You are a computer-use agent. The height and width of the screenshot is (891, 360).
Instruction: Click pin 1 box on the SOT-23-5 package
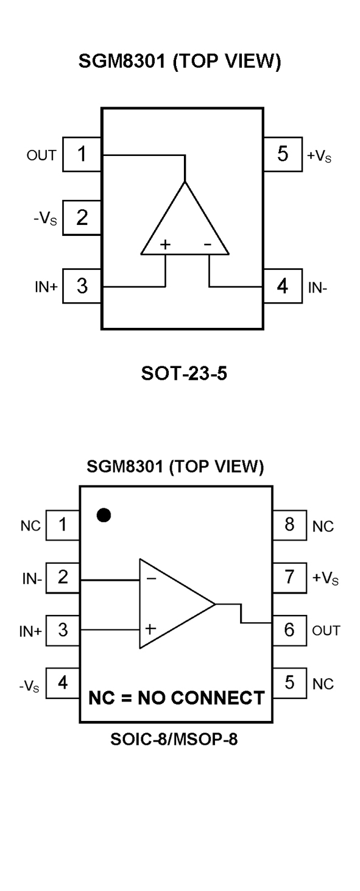click(x=82, y=154)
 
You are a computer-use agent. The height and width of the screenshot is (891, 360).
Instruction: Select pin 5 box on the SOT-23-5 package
click(x=283, y=154)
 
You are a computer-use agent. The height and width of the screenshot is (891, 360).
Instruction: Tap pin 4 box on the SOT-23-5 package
click(x=283, y=286)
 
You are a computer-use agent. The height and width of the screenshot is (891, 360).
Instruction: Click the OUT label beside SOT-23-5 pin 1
click(x=41, y=155)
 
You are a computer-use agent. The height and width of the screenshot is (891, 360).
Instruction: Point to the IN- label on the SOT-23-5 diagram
click(x=317, y=288)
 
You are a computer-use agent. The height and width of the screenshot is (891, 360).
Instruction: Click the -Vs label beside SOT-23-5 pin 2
click(x=45, y=218)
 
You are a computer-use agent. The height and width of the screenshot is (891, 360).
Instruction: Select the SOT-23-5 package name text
click(x=184, y=373)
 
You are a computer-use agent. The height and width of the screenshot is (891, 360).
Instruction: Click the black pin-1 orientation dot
click(x=104, y=515)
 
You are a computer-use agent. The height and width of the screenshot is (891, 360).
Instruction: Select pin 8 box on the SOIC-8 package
click(x=289, y=525)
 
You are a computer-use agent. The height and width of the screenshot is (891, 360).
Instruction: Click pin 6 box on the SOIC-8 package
click(x=289, y=630)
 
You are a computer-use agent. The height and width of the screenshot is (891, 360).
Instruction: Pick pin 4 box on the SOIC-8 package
click(x=63, y=683)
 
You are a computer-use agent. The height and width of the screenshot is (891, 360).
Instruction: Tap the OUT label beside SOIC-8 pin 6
click(x=326, y=630)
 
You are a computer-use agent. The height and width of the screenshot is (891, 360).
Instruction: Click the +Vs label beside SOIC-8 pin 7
click(x=325, y=578)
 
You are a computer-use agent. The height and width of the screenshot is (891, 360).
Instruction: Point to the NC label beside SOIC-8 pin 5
click(x=323, y=684)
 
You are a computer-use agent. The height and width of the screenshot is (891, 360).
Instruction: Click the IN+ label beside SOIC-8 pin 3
click(x=30, y=631)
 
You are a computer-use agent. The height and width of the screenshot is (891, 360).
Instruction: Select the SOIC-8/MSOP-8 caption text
click(x=174, y=739)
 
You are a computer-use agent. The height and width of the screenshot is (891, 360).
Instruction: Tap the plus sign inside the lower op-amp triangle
click(x=150, y=629)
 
